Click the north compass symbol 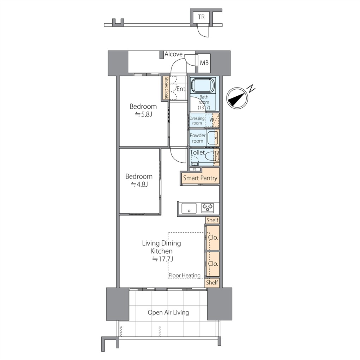[238, 98]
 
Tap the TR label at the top [201, 17]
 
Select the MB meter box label [204, 63]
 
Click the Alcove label [174, 54]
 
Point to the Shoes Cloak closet [166, 88]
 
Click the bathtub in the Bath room [203, 85]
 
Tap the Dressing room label [197, 121]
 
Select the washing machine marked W [212, 120]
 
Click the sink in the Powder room [213, 138]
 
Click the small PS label [195, 169]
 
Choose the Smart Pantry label [200, 178]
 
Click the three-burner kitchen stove [208, 208]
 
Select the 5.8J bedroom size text [143, 114]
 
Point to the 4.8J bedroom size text [139, 184]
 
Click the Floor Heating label [184, 275]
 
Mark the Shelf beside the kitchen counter [212, 220]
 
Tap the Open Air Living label [168, 312]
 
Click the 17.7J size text [163, 259]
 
